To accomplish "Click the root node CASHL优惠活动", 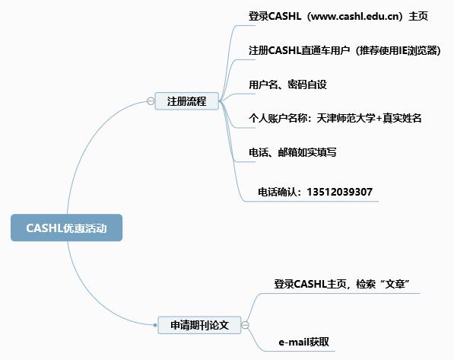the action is pyautogui.click(x=67, y=228).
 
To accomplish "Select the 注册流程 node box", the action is pyautogui.click(x=187, y=101).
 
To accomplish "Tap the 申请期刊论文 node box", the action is pyautogui.click(x=199, y=325).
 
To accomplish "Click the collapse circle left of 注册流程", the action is pyautogui.click(x=151, y=101).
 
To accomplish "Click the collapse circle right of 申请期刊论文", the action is pyautogui.click(x=245, y=325).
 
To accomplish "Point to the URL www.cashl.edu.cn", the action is pyautogui.click(x=355, y=16).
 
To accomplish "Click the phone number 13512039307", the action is pyautogui.click(x=339, y=192).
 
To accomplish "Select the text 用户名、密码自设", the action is pyautogui.click(x=287, y=84).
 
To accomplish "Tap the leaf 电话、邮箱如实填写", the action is pyautogui.click(x=293, y=152).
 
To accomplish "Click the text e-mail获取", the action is pyautogui.click(x=303, y=342).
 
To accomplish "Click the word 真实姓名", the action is pyautogui.click(x=402, y=118).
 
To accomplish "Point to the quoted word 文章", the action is pyautogui.click(x=395, y=284).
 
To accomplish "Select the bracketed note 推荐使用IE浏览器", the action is pyautogui.click(x=397, y=50).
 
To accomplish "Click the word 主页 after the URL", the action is pyautogui.click(x=418, y=16).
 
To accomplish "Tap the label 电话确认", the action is pyautogui.click(x=278, y=192).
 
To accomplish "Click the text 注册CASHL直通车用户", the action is pyautogui.click(x=300, y=50).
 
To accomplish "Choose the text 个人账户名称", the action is pyautogui.click(x=278, y=118).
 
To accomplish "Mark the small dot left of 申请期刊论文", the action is pyautogui.click(x=155, y=325).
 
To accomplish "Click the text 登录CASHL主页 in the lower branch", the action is pyautogui.click(x=310, y=284).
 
